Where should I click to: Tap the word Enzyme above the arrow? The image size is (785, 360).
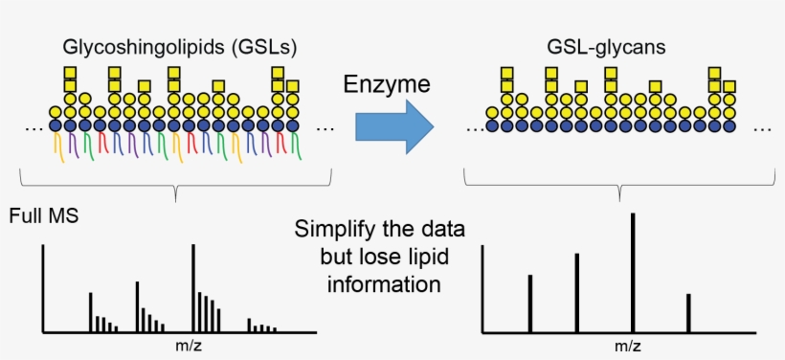386,85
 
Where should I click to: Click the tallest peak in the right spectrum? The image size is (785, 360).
633,273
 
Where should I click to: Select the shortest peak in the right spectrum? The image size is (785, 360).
688,313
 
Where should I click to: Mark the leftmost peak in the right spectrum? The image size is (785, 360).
529,304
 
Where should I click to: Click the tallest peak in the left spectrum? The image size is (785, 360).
193,287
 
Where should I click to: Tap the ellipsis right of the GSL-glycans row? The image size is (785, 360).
763,128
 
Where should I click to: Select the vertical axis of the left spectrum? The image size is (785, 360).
42,287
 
